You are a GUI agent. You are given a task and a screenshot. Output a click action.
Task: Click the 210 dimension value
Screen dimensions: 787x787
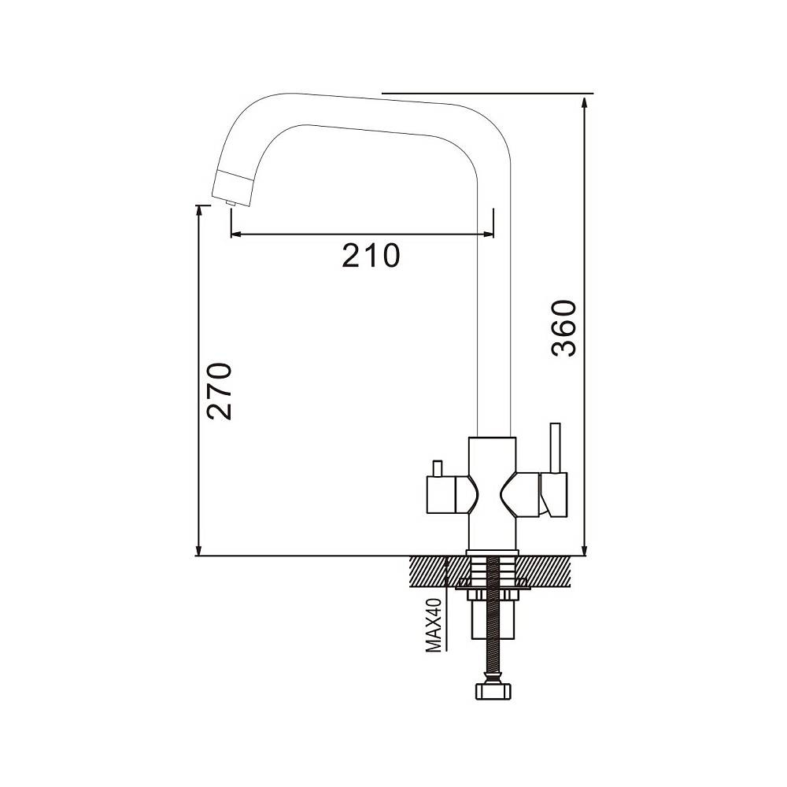click(x=371, y=256)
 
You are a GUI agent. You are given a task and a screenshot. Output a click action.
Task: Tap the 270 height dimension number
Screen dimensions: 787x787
click(x=220, y=391)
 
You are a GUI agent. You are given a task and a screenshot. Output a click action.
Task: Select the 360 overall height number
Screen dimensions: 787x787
click(x=563, y=328)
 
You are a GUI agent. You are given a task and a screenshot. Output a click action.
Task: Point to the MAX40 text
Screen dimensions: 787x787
click(x=433, y=626)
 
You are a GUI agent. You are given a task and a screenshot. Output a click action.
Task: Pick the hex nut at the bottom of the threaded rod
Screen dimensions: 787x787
click(x=493, y=691)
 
